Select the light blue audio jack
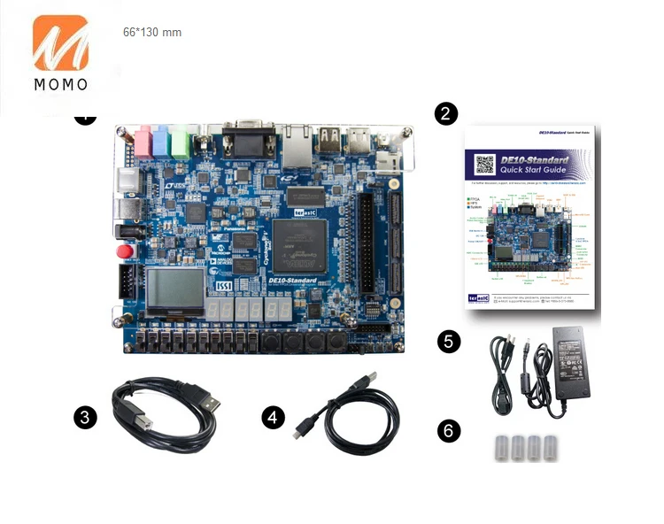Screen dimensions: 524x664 161,139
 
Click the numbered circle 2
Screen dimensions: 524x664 446,113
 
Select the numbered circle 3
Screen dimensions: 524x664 85,417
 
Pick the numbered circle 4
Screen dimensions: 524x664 274,417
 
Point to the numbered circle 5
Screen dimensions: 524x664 450,342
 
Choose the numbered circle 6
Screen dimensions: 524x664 450,431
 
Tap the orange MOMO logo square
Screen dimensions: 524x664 61,42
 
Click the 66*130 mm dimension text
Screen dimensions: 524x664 151,33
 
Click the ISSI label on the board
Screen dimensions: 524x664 225,288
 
